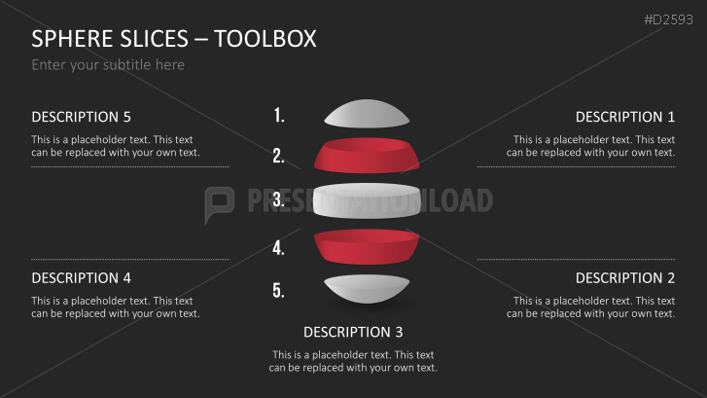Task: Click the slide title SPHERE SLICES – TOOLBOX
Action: tap(174, 39)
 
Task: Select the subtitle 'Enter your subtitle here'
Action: tap(108, 65)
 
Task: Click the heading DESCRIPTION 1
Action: tap(625, 117)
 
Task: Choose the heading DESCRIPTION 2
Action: tap(625, 278)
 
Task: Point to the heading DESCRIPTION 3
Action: tap(353, 332)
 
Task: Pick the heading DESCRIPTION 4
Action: tap(81, 278)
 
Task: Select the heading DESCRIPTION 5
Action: tap(81, 117)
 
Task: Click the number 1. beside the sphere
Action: tap(279, 116)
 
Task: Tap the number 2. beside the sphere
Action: tap(279, 156)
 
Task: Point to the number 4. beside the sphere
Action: tap(279, 248)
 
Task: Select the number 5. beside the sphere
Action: tap(279, 290)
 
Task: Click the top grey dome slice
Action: tap(366, 115)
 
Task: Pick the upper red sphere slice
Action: tap(366, 156)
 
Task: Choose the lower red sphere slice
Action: tap(366, 247)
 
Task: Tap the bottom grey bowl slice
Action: tap(366, 289)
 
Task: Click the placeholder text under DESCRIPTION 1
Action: tap(591, 146)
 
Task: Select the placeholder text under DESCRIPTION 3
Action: tap(353, 361)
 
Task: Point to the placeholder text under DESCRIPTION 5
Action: tap(115, 146)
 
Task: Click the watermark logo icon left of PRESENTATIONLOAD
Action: tap(219, 202)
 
